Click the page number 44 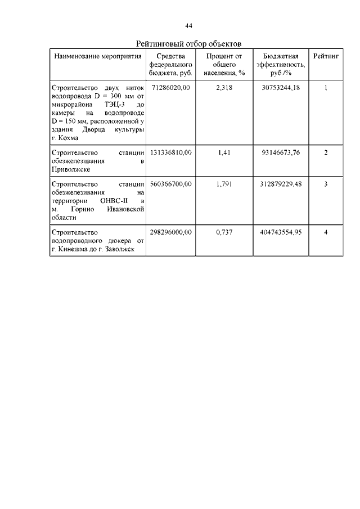click(x=189, y=25)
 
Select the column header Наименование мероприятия click(x=97, y=57)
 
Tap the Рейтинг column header click(x=326, y=57)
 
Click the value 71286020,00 click(x=171, y=88)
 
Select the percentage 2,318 click(x=223, y=88)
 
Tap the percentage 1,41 click(x=223, y=152)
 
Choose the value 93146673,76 click(x=281, y=152)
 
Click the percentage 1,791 click(x=223, y=184)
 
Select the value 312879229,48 click(x=281, y=184)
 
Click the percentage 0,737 click(x=223, y=232)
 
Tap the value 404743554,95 click(x=281, y=232)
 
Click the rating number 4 click(x=326, y=232)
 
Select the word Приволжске click(x=70, y=169)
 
